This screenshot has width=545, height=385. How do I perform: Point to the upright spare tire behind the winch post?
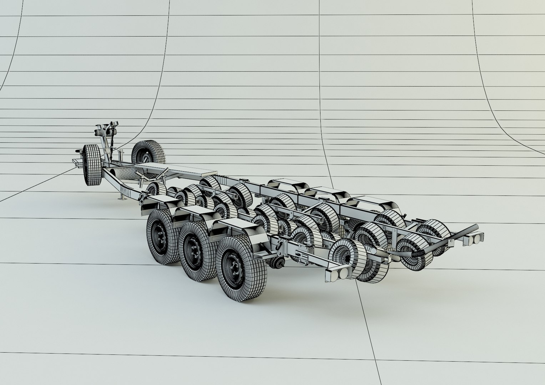point(148,152)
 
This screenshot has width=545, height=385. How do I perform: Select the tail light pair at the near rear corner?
point(338,273)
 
